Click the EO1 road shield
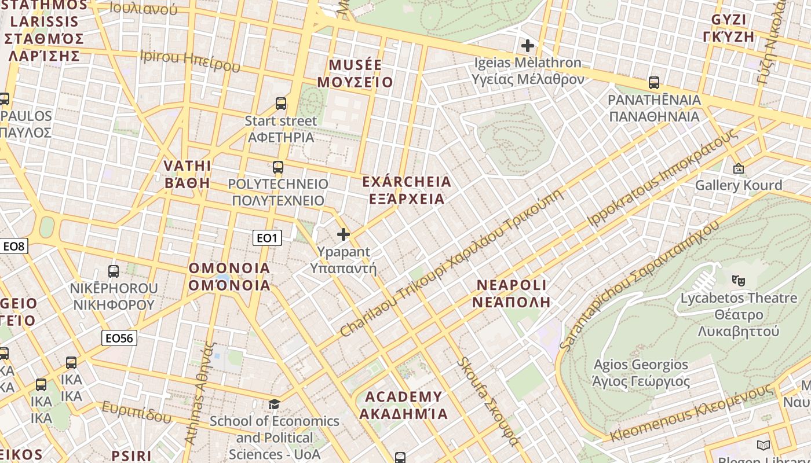pos(267,238)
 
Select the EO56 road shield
pos(119,338)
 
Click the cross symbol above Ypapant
pos(344,234)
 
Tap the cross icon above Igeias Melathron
pos(527,45)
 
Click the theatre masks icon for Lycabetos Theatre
pos(738,281)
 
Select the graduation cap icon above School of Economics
pos(274,403)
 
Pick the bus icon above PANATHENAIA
pos(654,83)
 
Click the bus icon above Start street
pos(281,104)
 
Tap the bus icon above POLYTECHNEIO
pos(278,167)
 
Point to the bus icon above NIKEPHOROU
pos(114,271)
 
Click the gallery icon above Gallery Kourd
pos(739,168)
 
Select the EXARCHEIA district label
pos(407,190)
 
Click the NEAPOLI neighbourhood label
pos(511,293)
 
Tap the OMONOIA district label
pos(229,277)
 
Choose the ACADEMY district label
pos(403,405)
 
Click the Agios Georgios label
pos(641,373)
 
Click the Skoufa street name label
pos(488,401)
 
